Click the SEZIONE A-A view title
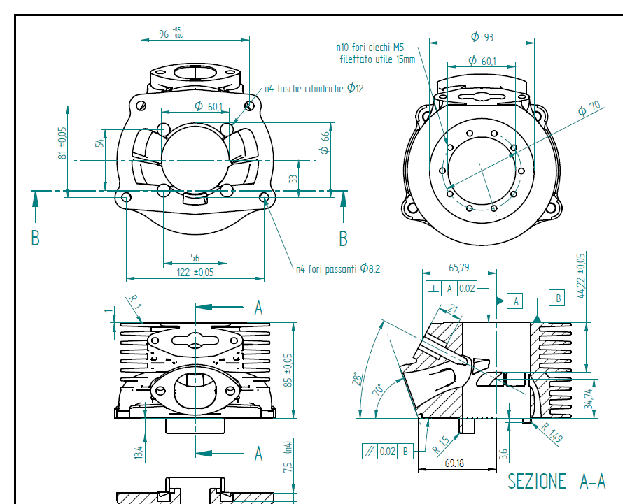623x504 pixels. [556, 482]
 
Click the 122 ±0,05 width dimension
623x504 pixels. [195, 273]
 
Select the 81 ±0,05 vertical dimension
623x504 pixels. [62, 143]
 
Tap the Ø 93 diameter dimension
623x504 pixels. [482, 36]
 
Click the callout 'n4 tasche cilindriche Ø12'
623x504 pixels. [314, 89]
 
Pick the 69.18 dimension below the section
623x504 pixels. [455, 463]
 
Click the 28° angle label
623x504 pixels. [358, 380]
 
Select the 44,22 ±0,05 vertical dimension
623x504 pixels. [580, 274]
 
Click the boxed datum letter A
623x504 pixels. [517, 301]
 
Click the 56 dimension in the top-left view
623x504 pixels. [195, 258]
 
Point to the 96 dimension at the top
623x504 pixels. [164, 34]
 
